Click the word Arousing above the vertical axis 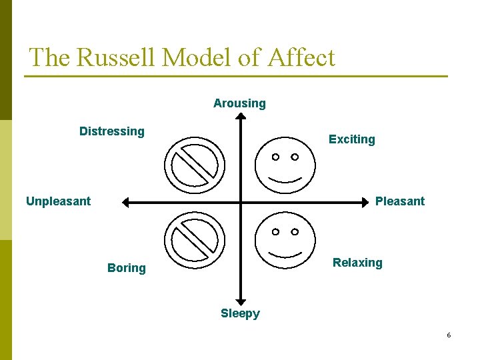239,103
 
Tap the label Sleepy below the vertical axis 240,313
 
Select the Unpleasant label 58,201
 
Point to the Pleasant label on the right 399,201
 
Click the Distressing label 111,131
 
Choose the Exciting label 351,139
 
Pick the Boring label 126,268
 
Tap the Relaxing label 357,263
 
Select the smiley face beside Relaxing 285,239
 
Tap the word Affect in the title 301,57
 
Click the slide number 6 449,335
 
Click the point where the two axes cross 241,202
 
